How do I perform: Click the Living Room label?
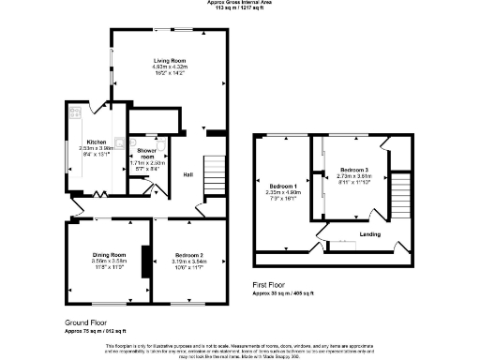171,61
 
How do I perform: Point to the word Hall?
187,174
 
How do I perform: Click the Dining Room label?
109,255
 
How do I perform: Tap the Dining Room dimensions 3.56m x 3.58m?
109,262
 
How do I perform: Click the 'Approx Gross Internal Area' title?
240,3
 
